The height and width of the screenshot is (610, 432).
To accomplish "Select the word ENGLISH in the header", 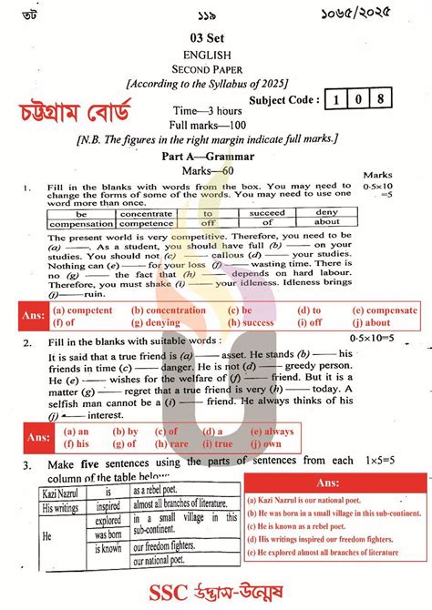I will tap(216, 53).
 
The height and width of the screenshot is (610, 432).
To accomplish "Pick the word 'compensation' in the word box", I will tap(81, 223).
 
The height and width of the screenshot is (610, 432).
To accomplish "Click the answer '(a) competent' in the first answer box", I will tap(83, 310).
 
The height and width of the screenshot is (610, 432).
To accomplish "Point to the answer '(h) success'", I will tap(246, 322).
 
